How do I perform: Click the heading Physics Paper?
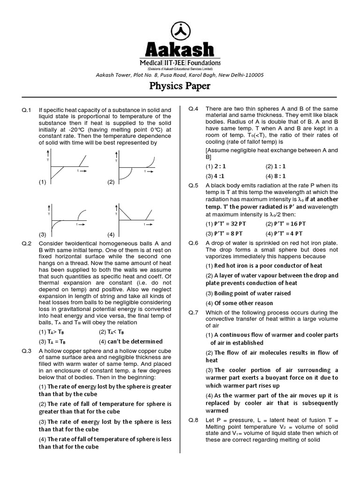pos(180,86)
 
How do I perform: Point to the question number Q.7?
pos(193,312)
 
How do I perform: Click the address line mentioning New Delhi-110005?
pos(180,75)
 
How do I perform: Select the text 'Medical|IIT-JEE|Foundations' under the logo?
pos(180,62)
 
